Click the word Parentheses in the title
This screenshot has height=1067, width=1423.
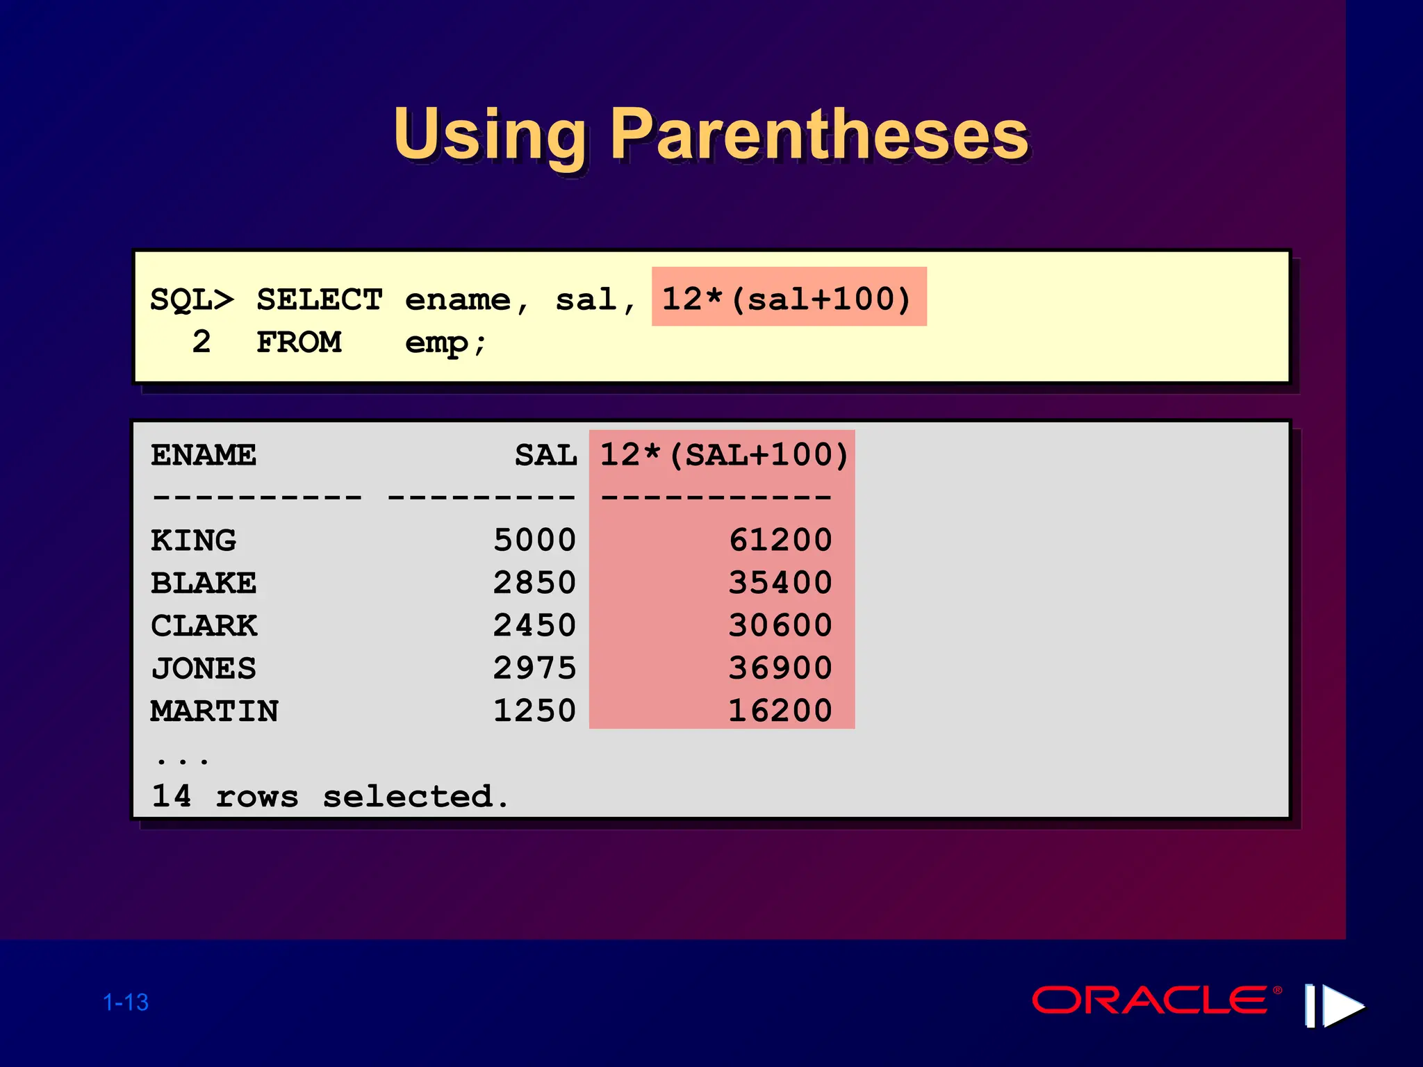tap(819, 135)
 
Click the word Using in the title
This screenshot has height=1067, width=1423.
tap(490, 135)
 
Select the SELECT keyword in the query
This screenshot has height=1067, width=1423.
tap(320, 300)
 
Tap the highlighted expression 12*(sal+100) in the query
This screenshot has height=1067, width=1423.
tap(787, 299)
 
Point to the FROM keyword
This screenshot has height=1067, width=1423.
tap(299, 342)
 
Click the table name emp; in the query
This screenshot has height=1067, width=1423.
tap(445, 342)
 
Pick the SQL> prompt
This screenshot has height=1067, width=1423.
tap(192, 300)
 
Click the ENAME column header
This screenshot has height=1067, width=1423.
tap(204, 456)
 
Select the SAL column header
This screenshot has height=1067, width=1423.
tap(545, 456)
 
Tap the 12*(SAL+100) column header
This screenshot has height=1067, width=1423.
tap(723, 456)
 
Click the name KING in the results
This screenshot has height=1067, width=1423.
tap(193, 540)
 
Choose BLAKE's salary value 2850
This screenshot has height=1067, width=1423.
tap(534, 583)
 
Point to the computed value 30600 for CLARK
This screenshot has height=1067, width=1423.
tap(780, 625)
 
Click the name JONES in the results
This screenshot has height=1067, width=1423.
tap(204, 668)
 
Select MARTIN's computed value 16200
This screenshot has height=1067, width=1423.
tap(780, 711)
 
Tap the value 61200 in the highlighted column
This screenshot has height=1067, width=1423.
tap(780, 540)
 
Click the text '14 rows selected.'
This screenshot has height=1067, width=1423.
tap(330, 796)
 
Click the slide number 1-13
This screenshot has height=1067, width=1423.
tap(126, 1002)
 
